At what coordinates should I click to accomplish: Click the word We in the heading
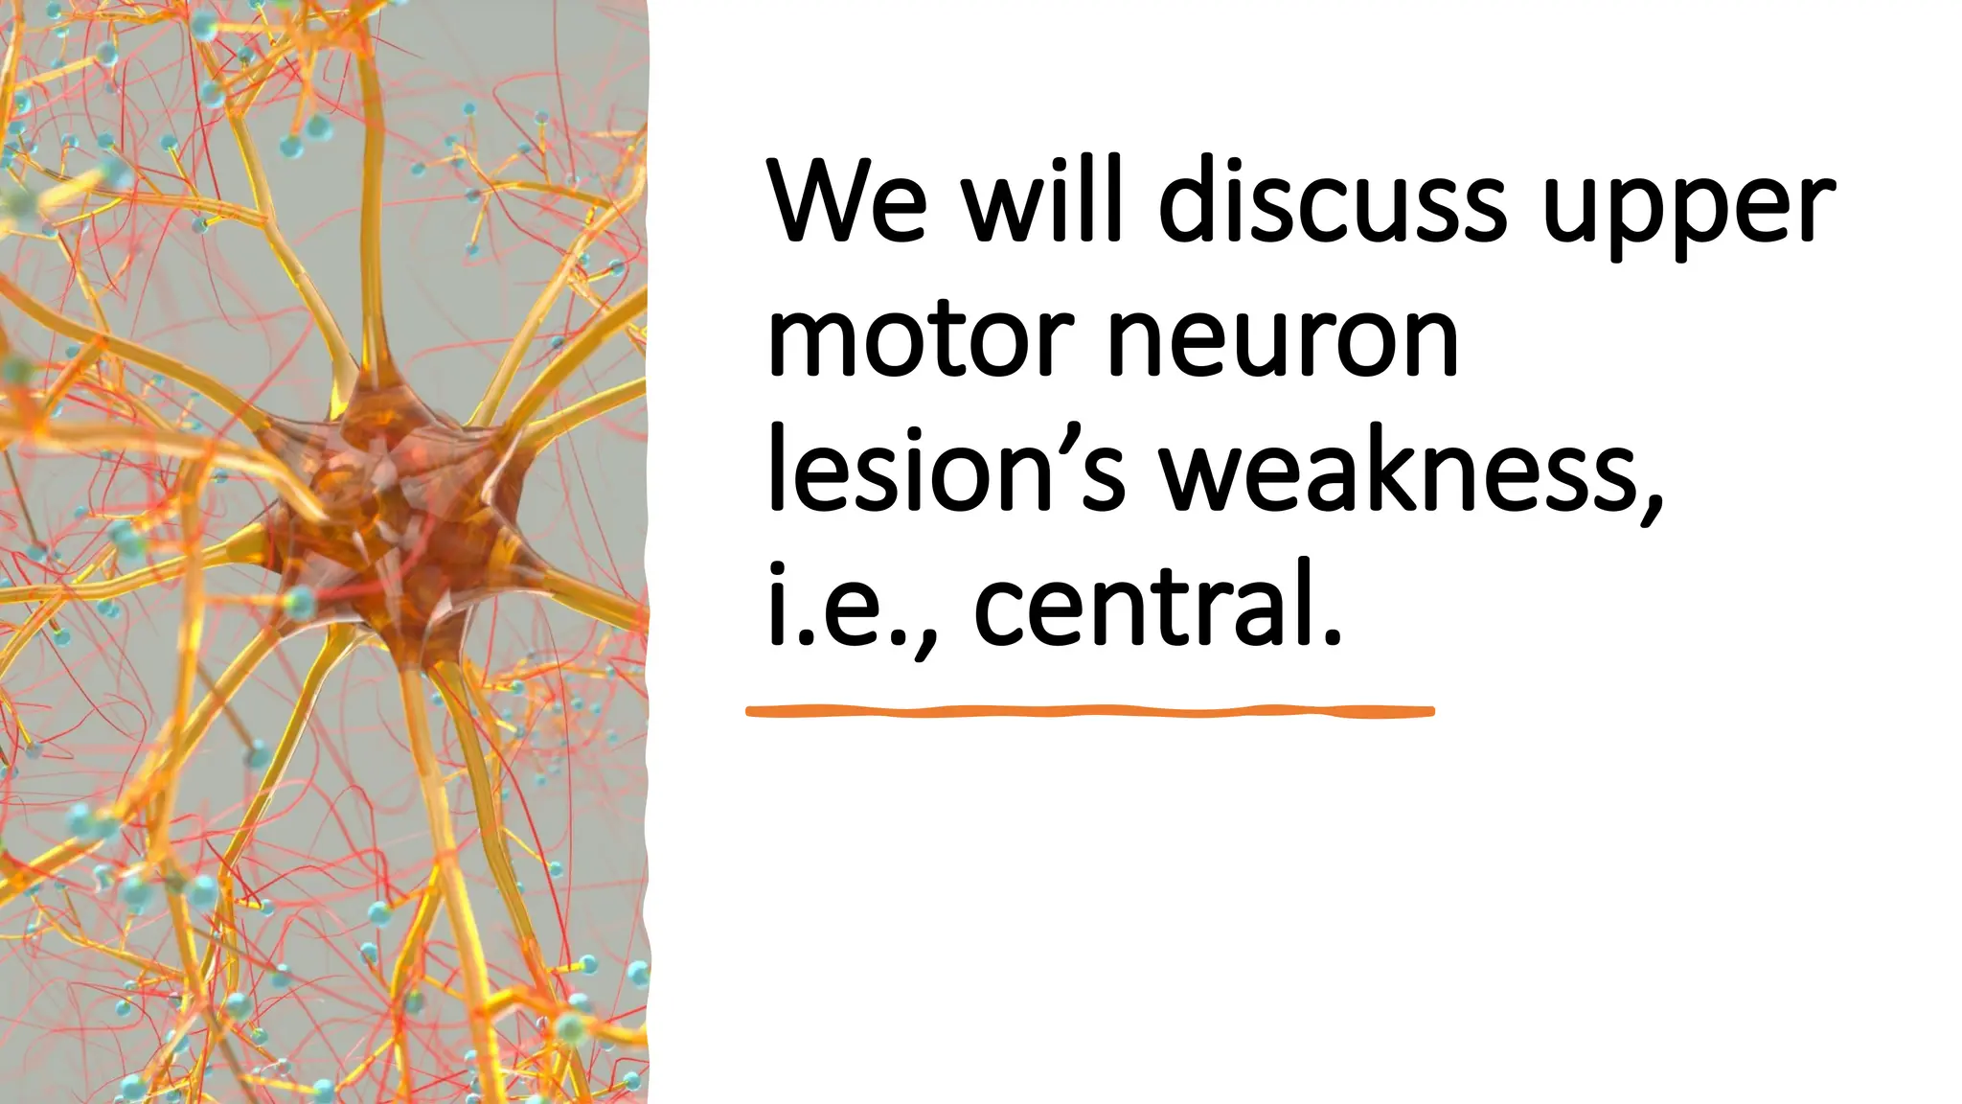(x=847, y=203)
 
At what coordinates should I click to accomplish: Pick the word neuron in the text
(x=1283, y=340)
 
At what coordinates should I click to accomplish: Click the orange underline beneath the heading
(x=1090, y=711)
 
